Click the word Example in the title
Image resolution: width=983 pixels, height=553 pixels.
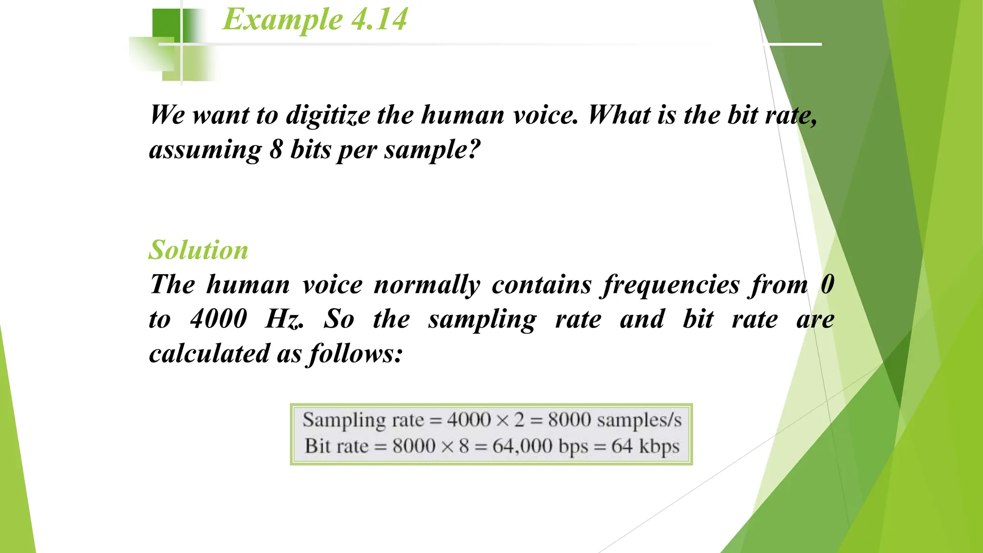282,20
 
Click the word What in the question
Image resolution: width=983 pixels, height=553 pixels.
619,115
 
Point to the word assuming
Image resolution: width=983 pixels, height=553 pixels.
205,150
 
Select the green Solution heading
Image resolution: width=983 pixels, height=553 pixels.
198,250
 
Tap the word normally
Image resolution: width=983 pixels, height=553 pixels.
427,285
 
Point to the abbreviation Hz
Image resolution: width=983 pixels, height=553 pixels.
284,319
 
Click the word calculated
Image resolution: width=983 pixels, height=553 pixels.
209,354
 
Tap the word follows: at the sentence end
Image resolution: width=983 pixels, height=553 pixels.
356,354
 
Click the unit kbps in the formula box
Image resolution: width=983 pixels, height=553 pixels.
659,446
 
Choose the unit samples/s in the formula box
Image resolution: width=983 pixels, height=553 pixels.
639,421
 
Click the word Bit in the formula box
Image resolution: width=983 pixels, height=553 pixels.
318,446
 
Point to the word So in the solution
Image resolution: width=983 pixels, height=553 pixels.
338,319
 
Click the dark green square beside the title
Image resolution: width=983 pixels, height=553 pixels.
166,24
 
